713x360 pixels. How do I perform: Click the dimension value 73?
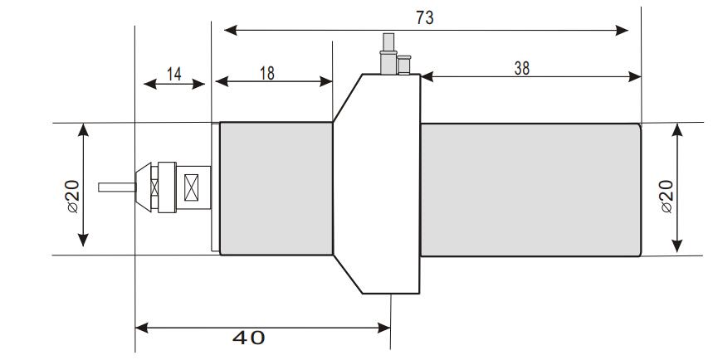coord(424,17)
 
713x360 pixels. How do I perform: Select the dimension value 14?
coord(173,73)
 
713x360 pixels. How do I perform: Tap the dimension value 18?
coord(266,73)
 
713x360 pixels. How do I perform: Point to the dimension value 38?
coord(521,68)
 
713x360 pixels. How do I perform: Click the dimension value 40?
coord(248,338)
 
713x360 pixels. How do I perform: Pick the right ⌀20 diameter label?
coord(666,197)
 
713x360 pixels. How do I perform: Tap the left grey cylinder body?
coord(276,189)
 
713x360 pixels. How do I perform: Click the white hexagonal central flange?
coord(378,184)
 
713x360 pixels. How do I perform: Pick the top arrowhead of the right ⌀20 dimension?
coord(678,129)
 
